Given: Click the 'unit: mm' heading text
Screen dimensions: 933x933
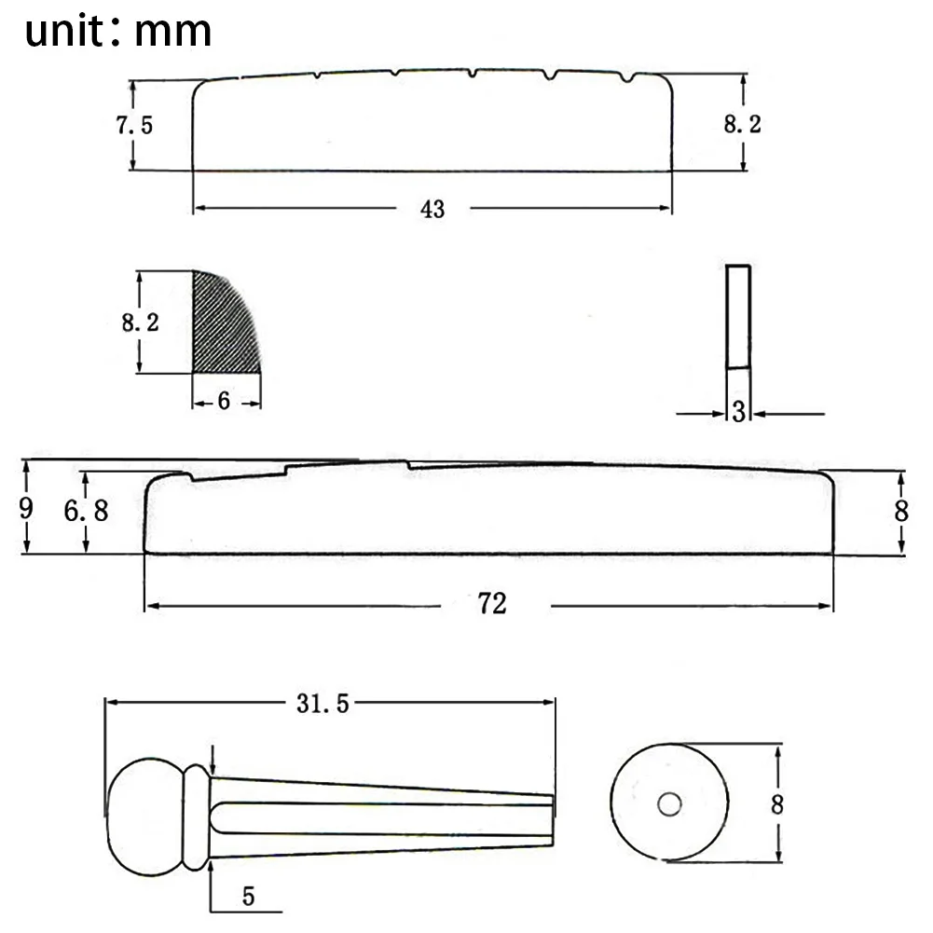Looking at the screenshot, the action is coord(117,31).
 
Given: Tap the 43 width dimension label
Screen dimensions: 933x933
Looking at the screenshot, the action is coord(432,209).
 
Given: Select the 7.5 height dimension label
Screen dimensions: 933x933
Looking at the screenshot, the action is coord(134,125).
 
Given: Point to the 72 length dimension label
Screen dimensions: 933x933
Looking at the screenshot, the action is coord(492,603).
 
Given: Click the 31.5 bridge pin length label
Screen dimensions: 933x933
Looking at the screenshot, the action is coord(322,704).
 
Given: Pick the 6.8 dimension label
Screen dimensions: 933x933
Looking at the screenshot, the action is coord(87,511).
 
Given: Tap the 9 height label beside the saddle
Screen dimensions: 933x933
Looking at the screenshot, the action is coord(25,508).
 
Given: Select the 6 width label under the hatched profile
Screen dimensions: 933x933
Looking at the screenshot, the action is coord(224,401).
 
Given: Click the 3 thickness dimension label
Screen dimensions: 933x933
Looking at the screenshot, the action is coord(738,411).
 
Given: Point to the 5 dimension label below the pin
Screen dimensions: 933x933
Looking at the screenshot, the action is coord(248,896).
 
